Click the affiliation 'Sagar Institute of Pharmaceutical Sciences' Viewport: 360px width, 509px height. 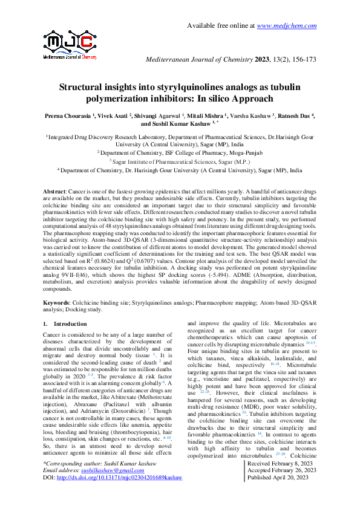pos(180,163)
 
